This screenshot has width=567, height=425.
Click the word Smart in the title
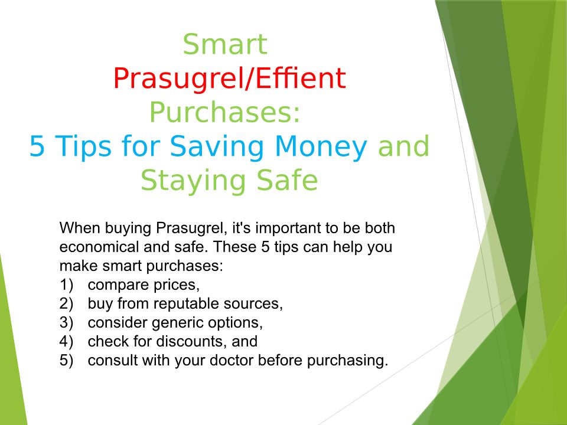coord(225,44)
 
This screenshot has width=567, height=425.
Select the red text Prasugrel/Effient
coord(230,79)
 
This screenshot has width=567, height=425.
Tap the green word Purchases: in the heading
coord(225,113)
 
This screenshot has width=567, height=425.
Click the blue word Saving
coord(217,147)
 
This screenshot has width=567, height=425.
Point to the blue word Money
coord(321,147)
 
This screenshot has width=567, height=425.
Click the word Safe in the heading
coord(287,179)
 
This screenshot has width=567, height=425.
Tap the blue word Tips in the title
coord(84,147)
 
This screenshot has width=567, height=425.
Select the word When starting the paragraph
coord(80,228)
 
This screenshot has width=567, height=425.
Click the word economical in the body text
coord(99,247)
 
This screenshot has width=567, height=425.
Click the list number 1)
coord(67,285)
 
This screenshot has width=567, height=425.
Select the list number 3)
coord(67,322)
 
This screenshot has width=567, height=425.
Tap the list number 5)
coord(67,360)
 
